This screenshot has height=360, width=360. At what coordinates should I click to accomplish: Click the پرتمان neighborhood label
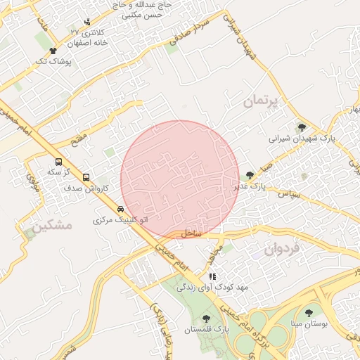(262, 101)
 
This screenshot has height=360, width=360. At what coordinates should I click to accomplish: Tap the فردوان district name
(281, 249)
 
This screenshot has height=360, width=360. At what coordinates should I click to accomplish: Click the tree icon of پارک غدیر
(250, 176)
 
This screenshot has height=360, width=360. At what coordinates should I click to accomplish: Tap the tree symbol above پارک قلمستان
(205, 318)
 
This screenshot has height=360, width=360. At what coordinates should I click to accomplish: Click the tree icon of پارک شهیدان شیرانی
(302, 127)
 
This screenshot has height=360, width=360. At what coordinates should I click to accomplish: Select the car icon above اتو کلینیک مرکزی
(121, 209)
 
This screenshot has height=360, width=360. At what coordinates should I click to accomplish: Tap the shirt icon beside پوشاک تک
(53, 51)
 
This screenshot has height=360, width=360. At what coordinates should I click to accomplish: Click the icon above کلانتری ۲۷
(87, 22)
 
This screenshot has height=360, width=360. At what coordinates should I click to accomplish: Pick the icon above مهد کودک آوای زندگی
(212, 276)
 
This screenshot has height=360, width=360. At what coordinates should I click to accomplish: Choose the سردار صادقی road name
(191, 29)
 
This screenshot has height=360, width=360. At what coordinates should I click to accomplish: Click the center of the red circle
(179, 179)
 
